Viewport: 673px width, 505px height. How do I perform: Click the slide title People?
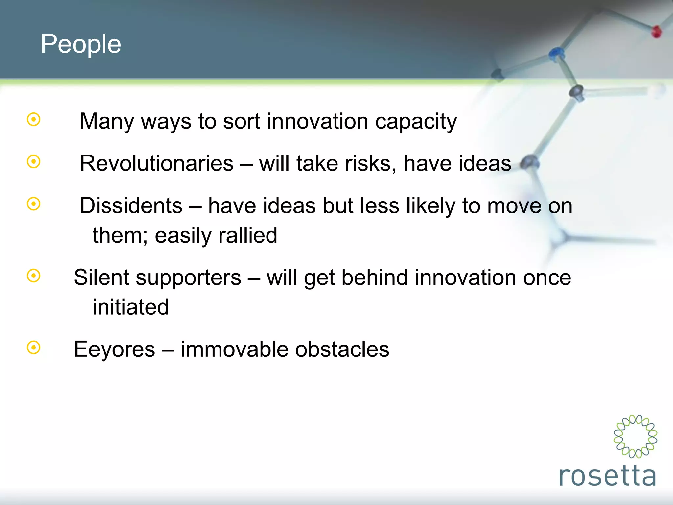click(81, 44)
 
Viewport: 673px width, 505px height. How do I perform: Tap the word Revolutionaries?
click(157, 163)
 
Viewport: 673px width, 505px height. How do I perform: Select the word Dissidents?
click(131, 206)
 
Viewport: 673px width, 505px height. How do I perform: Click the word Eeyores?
click(114, 349)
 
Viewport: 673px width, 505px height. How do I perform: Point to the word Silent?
click(101, 277)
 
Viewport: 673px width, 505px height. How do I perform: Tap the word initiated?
click(130, 307)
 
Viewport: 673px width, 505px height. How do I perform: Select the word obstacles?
click(342, 349)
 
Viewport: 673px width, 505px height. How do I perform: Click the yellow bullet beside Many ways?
click(34, 119)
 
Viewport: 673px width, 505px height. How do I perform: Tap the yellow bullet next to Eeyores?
click(34, 348)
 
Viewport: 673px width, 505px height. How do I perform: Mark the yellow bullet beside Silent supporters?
click(34, 276)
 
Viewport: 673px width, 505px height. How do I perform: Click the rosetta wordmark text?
click(607, 476)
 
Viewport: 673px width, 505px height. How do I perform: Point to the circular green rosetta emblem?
click(635, 436)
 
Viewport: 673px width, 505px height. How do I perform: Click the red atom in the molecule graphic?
click(657, 32)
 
